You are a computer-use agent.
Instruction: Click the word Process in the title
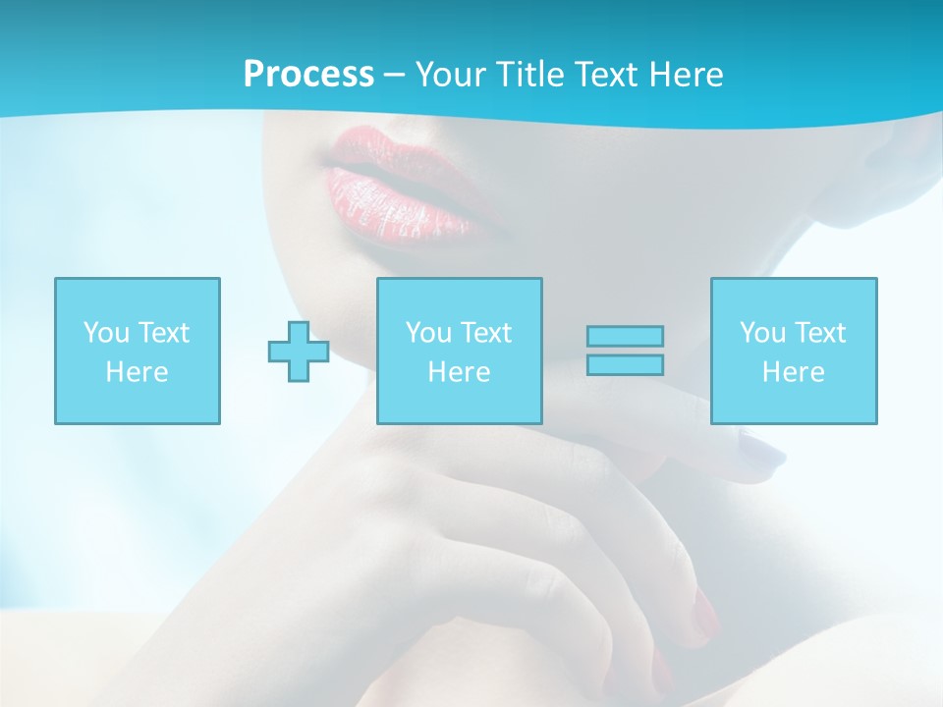(308, 75)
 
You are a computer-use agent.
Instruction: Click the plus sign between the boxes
(299, 352)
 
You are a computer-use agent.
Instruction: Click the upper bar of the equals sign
(625, 336)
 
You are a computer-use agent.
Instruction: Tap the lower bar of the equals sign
(625, 364)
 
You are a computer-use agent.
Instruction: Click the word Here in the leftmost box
(137, 372)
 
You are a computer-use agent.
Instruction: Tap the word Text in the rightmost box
(821, 333)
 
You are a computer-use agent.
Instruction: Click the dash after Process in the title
(394, 75)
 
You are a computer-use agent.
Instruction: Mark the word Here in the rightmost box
(794, 372)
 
